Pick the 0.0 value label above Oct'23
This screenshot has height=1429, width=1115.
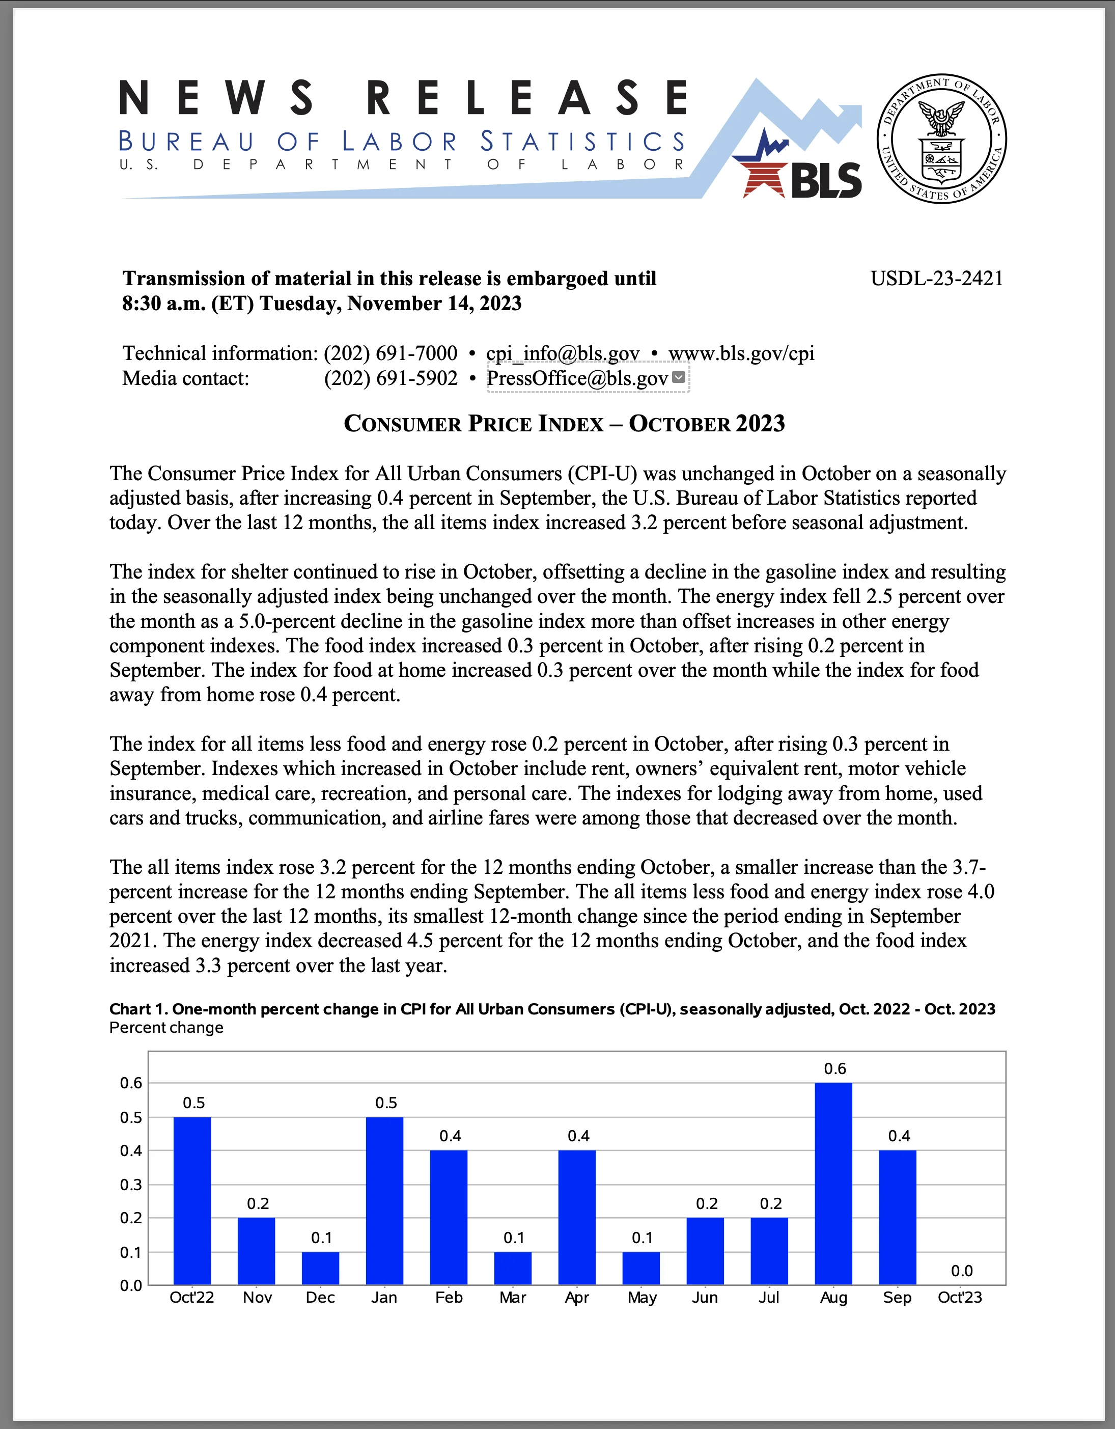961,1271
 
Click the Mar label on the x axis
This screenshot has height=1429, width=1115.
513,1298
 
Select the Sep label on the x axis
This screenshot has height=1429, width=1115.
897,1298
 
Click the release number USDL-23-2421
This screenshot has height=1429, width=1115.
936,279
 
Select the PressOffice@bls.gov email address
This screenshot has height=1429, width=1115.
577,378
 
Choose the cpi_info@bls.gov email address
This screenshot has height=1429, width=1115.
563,353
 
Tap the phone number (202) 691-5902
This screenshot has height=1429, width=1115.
391,378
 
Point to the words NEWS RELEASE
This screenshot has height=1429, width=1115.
403,98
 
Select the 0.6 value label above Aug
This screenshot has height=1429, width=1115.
834,1069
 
